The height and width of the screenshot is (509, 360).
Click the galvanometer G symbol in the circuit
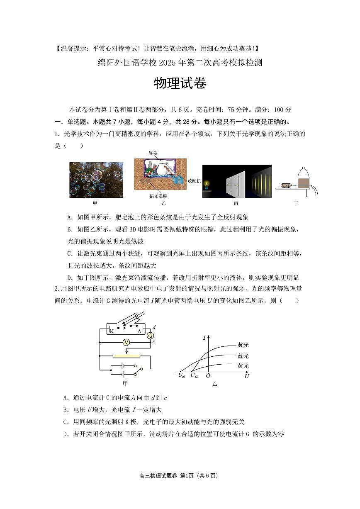click(151, 335)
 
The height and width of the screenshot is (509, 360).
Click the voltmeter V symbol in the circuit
click(127, 342)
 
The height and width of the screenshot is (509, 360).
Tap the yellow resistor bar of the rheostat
click(126, 356)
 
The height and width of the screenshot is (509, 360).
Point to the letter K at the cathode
click(112, 331)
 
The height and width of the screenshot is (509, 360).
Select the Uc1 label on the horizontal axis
click(182, 375)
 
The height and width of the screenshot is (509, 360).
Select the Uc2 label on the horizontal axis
click(194, 375)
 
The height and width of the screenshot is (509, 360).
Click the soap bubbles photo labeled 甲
click(96, 180)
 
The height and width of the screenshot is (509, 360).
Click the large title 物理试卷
click(180, 83)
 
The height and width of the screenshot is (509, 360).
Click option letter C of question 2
click(66, 422)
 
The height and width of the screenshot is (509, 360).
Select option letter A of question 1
click(69, 217)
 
